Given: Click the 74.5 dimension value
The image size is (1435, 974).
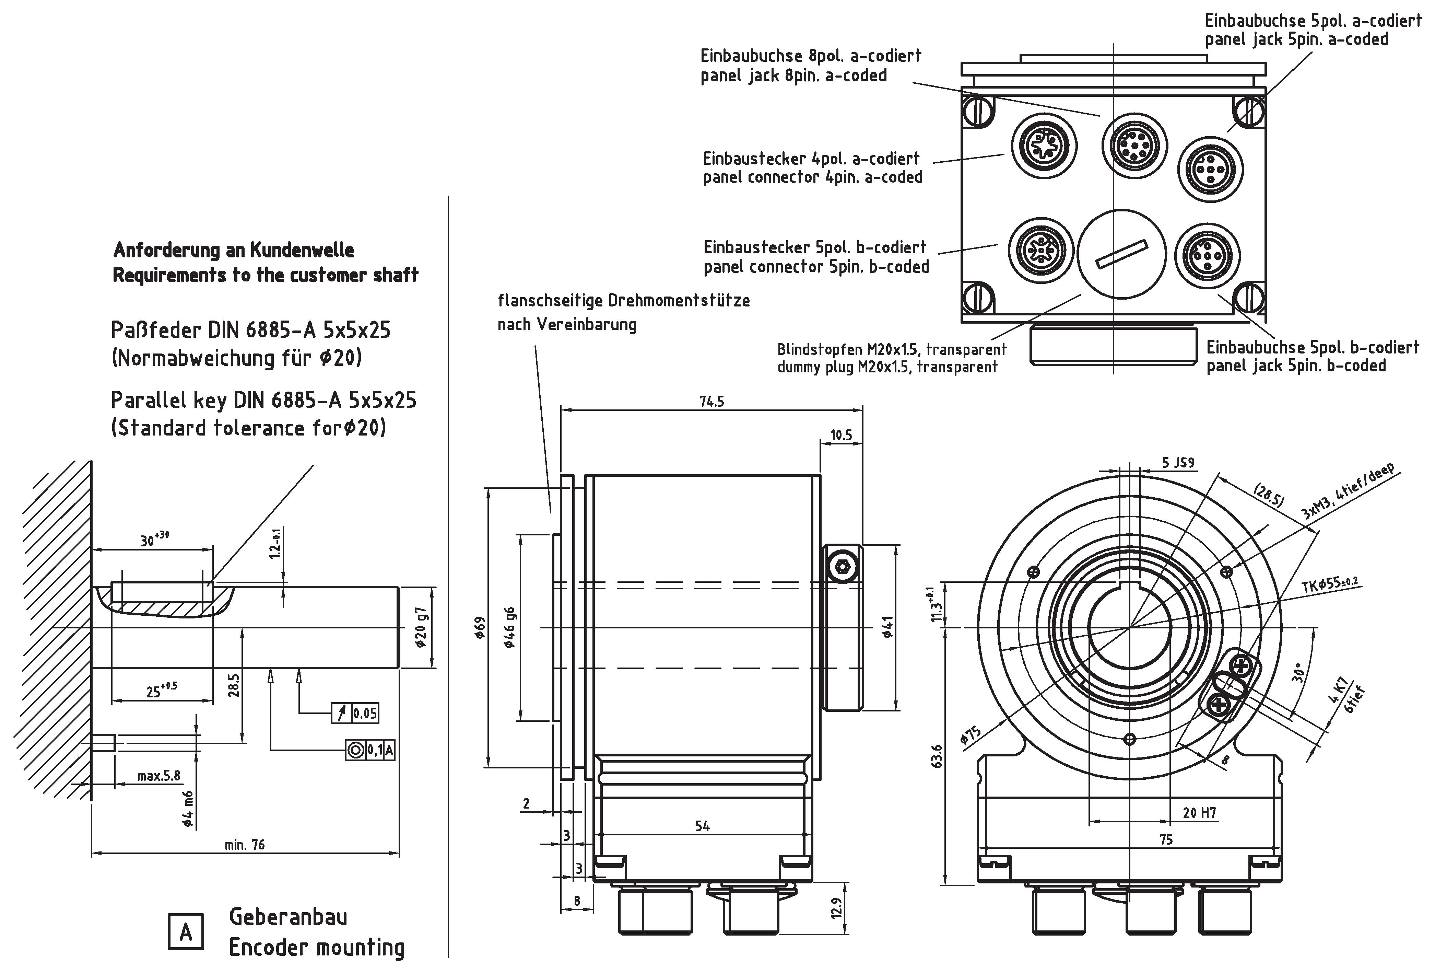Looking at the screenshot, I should tap(711, 402).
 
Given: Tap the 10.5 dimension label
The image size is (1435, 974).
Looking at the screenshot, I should tap(841, 436).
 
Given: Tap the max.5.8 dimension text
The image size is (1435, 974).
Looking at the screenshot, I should tap(159, 776).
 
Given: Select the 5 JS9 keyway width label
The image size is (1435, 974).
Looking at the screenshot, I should tap(1178, 463).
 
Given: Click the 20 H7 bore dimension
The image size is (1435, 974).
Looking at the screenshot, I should tap(1199, 813).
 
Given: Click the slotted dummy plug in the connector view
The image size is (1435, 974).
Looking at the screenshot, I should tap(1121, 254).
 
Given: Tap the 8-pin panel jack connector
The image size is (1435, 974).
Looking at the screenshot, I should tap(1135, 146).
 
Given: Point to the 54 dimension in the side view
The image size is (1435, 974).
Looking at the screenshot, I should tap(702, 826).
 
